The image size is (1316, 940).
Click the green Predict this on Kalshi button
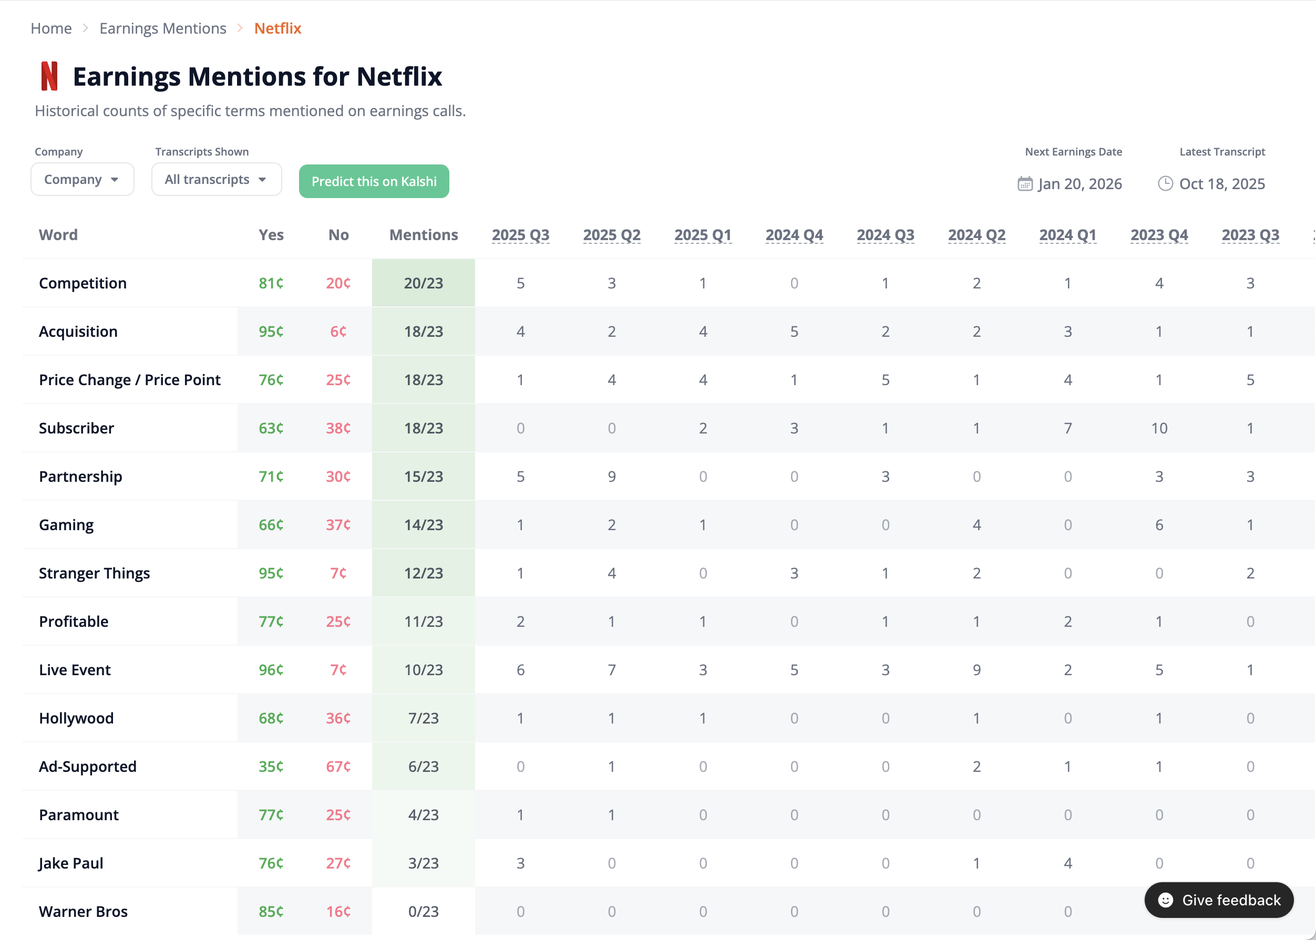point(374,181)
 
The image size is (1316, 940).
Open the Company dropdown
point(81,179)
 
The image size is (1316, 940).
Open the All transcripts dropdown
point(216,179)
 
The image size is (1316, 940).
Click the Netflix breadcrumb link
point(277,28)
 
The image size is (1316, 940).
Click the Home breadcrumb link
point(51,28)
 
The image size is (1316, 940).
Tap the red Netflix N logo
point(49,76)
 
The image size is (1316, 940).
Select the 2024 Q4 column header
point(794,235)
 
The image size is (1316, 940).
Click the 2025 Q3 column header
point(520,235)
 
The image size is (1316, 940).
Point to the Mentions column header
point(423,235)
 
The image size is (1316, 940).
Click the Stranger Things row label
point(95,573)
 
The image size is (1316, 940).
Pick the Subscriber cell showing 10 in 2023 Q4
point(1158,428)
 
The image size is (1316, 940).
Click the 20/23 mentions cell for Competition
point(423,283)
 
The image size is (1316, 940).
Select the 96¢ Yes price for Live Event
point(271,670)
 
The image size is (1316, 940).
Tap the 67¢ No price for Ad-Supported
point(338,767)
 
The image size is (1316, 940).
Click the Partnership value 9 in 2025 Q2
point(611,477)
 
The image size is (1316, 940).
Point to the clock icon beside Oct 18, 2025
point(1165,183)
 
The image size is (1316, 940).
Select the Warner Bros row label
point(83,912)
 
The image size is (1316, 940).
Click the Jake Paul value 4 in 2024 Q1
point(1067,863)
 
